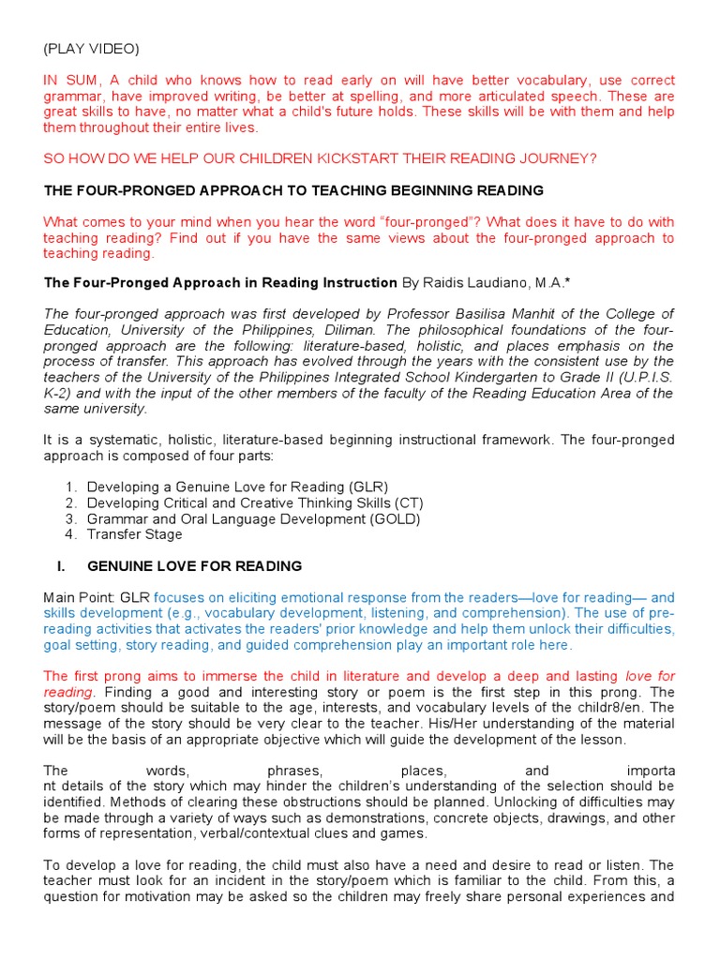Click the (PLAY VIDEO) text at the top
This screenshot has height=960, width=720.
(x=89, y=48)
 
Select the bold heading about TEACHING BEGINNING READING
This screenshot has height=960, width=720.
(x=293, y=190)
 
